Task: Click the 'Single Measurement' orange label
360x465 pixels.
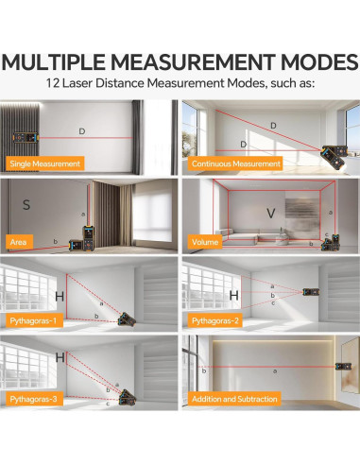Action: pos(43,164)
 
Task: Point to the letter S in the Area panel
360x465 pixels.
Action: pos(26,203)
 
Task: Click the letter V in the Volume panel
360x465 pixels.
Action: pos(270,214)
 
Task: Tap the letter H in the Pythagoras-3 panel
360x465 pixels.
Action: pos(60,358)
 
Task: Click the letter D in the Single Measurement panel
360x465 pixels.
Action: pos(81,131)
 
